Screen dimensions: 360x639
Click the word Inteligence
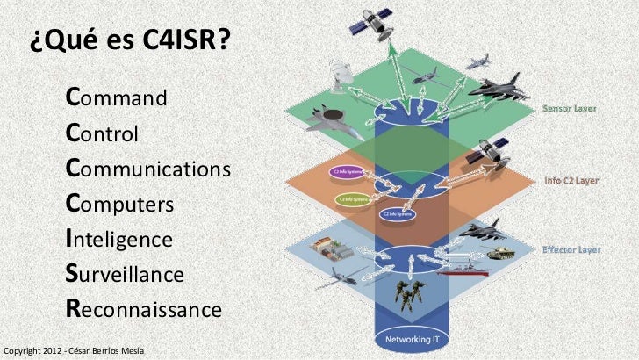point(118,239)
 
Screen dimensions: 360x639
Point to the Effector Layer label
point(571,249)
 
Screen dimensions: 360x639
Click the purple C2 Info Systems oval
point(345,171)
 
